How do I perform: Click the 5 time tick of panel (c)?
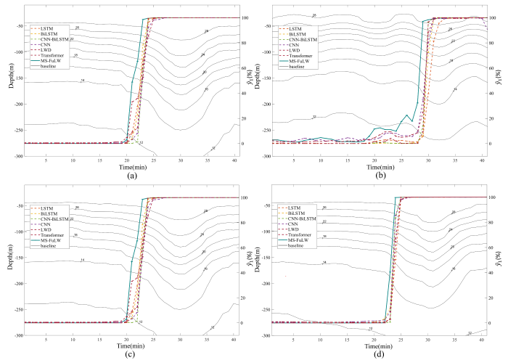[x=46, y=340]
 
